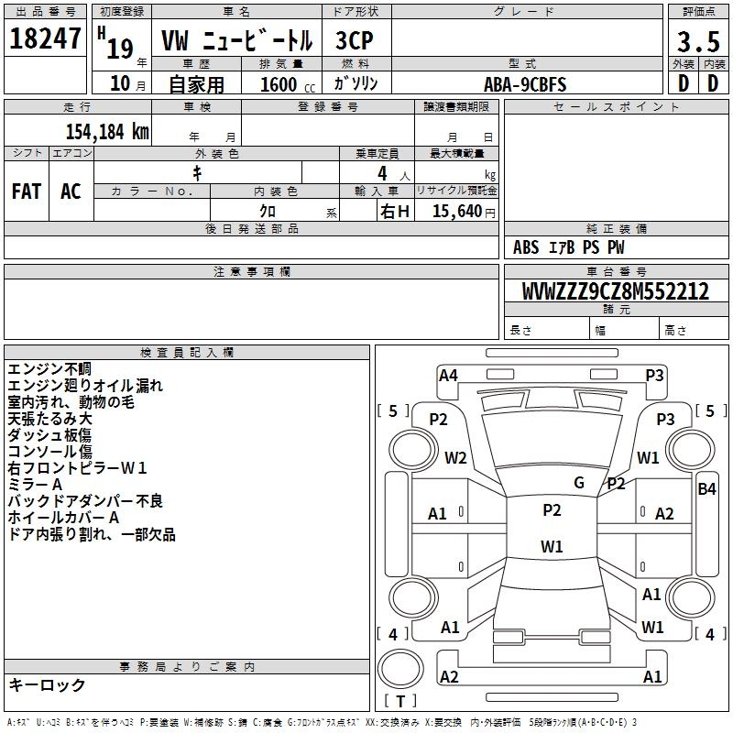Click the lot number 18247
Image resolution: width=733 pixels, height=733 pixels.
click(x=45, y=38)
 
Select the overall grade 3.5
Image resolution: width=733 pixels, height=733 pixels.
click(x=698, y=41)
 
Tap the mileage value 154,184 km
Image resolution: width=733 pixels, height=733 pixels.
click(x=107, y=132)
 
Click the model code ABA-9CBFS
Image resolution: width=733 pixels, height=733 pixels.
click(x=525, y=84)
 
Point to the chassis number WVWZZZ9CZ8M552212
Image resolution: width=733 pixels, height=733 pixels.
click(x=615, y=290)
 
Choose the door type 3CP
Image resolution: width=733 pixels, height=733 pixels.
click(x=355, y=40)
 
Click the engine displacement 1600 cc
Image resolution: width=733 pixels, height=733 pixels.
click(x=288, y=84)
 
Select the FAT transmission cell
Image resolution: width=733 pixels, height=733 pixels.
click(x=27, y=191)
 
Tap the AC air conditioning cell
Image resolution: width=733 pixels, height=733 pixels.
click(x=71, y=191)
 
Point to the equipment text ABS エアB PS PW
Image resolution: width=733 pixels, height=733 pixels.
click(x=568, y=247)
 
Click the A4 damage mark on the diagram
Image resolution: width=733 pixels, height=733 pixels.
click(x=448, y=376)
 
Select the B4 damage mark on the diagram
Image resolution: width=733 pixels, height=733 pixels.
click(x=706, y=489)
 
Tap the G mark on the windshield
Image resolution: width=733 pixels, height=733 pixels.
click(x=579, y=483)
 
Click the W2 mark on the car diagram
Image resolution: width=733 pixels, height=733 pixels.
click(x=455, y=457)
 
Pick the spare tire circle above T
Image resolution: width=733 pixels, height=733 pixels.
click(x=400, y=669)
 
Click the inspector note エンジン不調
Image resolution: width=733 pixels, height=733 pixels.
click(x=49, y=369)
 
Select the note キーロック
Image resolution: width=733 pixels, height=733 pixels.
click(x=47, y=684)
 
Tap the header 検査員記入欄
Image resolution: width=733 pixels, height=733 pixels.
click(x=187, y=353)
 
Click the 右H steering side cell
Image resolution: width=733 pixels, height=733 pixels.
click(x=395, y=212)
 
